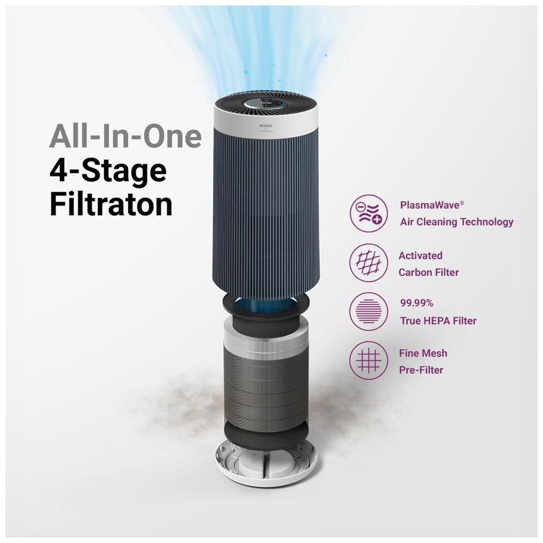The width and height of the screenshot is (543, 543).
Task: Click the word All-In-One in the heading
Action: click(x=125, y=136)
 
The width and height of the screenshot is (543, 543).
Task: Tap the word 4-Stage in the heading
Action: click(x=108, y=171)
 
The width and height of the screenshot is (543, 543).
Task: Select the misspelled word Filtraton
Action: click(x=111, y=204)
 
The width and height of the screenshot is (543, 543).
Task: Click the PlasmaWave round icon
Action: click(x=369, y=213)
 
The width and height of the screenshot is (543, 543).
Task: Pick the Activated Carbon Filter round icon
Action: click(x=369, y=262)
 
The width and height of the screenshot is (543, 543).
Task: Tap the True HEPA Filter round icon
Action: click(x=369, y=311)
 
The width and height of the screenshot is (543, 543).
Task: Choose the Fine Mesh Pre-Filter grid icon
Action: click(x=369, y=360)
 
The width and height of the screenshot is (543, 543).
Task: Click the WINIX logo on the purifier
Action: click(x=266, y=126)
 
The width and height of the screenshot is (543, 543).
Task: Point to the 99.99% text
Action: click(x=416, y=303)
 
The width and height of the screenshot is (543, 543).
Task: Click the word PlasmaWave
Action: click(x=430, y=205)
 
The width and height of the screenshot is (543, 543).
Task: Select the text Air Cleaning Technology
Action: click(x=457, y=222)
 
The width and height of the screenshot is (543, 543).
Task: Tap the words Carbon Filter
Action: click(x=428, y=272)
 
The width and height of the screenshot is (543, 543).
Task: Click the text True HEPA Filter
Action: click(x=438, y=321)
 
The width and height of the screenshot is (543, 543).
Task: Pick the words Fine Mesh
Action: click(x=423, y=353)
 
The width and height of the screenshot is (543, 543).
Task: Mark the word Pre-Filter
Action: click(x=421, y=370)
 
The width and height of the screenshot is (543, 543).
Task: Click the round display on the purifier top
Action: click(x=266, y=104)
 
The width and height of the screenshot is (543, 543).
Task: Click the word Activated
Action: click(x=420, y=256)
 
